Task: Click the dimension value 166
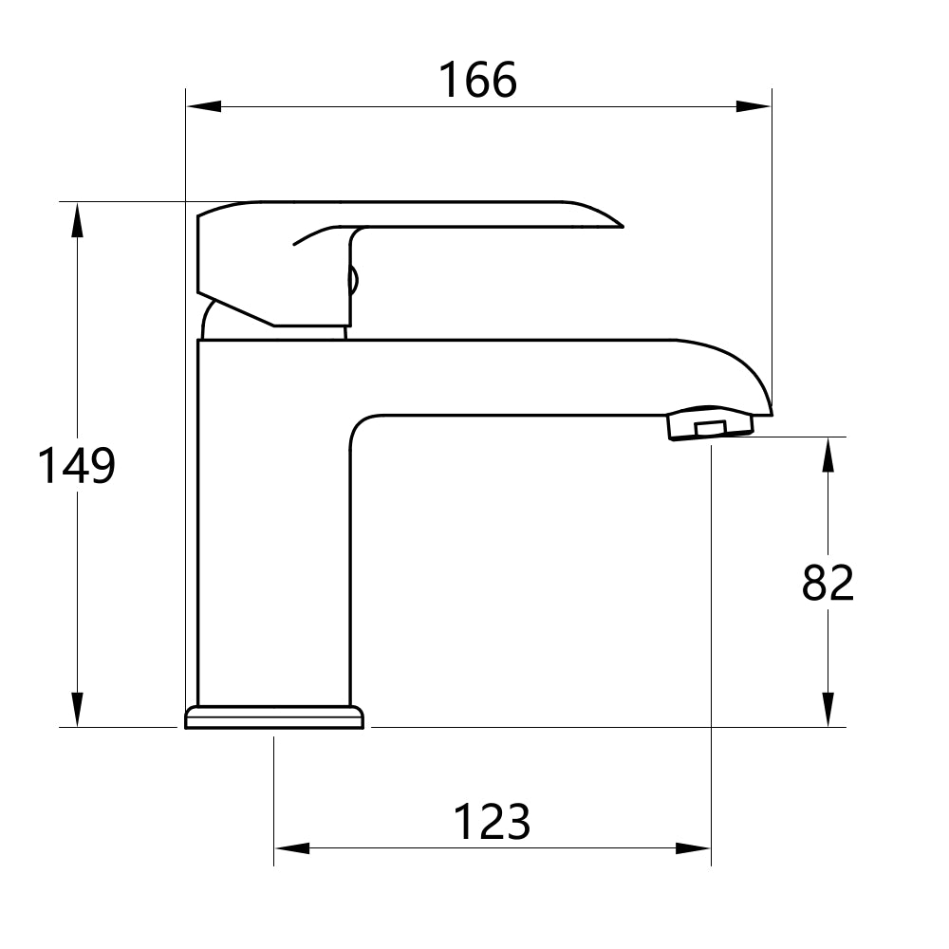pyautogui.click(x=477, y=81)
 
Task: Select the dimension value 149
pyautogui.click(x=76, y=466)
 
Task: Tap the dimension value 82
pyautogui.click(x=828, y=583)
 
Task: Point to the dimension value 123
pyautogui.click(x=492, y=822)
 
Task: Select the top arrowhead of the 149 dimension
pyautogui.click(x=77, y=219)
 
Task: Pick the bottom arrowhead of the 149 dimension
pyautogui.click(x=77, y=710)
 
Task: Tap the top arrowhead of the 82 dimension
pyautogui.click(x=828, y=455)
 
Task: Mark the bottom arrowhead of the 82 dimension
pyautogui.click(x=828, y=710)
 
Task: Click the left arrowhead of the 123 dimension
pyautogui.click(x=291, y=847)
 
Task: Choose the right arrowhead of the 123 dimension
pyautogui.click(x=693, y=847)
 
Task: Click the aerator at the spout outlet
pyautogui.click(x=710, y=424)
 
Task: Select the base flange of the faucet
pyautogui.click(x=274, y=717)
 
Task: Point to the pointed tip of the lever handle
pyautogui.click(x=619, y=226)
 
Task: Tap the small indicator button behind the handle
pyautogui.click(x=354, y=281)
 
